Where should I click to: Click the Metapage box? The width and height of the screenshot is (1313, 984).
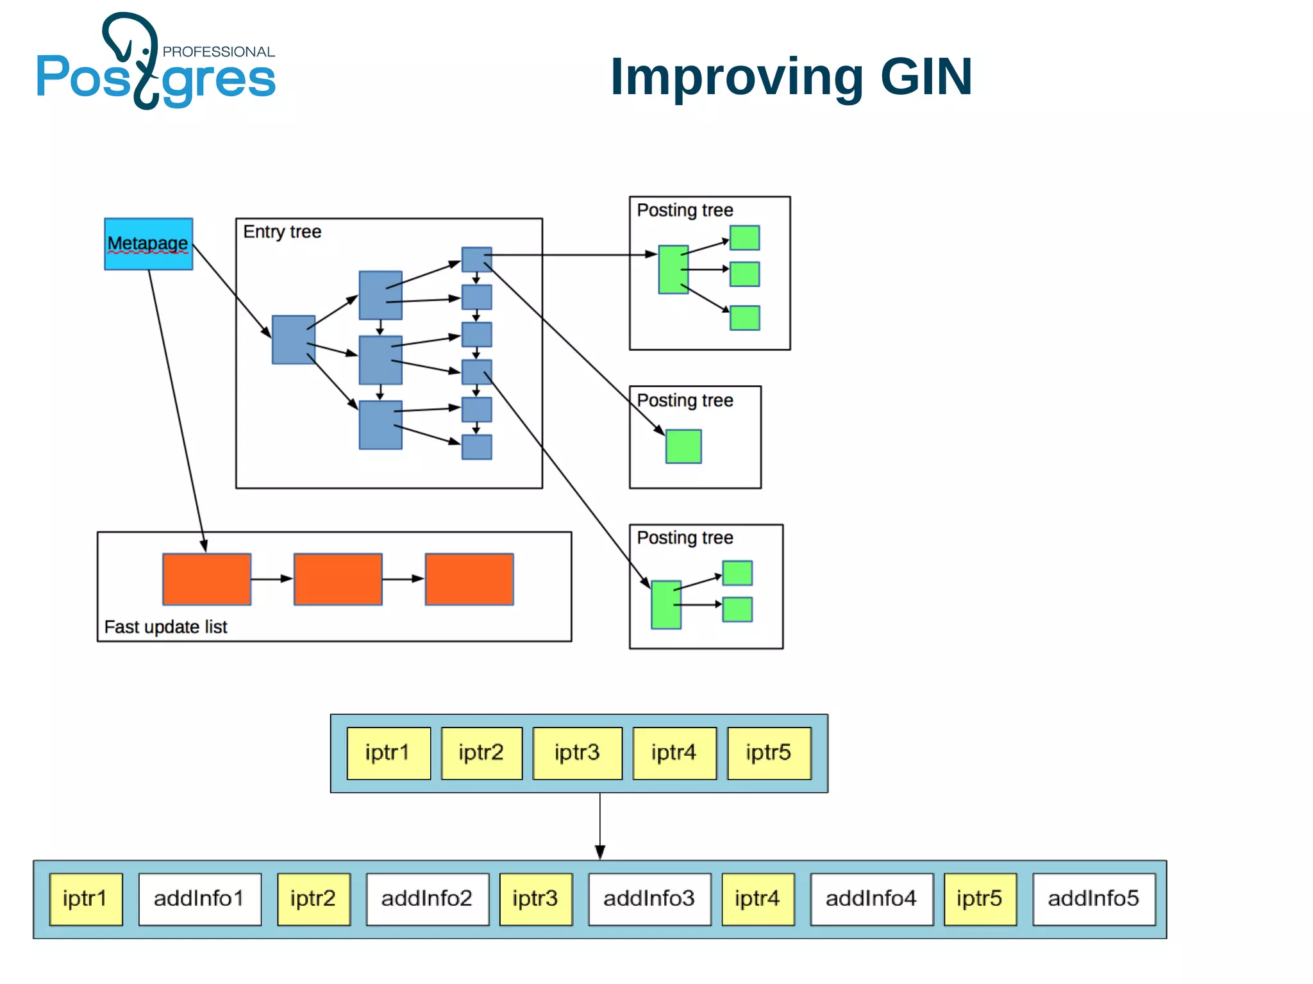click(148, 244)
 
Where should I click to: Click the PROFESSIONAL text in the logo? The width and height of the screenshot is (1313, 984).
click(219, 52)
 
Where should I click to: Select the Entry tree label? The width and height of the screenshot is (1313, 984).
click(282, 231)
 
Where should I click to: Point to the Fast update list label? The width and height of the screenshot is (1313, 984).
click(165, 626)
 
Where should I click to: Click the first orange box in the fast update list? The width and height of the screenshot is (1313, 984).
click(206, 579)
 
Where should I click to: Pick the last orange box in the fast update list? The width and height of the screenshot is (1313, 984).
click(469, 579)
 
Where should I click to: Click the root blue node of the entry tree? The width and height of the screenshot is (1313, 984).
click(293, 339)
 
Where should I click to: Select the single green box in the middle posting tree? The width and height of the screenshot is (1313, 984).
click(683, 446)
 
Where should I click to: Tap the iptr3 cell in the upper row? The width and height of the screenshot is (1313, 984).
click(577, 753)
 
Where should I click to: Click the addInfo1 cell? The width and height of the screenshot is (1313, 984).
click(199, 899)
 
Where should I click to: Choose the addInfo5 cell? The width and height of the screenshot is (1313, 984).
click(1093, 899)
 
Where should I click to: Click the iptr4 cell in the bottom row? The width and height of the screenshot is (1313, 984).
click(757, 899)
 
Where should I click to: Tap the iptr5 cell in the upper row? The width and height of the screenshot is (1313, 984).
click(769, 753)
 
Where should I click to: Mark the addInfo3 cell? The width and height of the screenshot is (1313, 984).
click(649, 899)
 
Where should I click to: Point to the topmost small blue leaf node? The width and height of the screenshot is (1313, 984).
click(476, 259)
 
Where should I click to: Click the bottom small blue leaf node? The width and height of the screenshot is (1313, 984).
click(476, 447)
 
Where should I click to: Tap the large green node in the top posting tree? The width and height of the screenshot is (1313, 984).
click(673, 269)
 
